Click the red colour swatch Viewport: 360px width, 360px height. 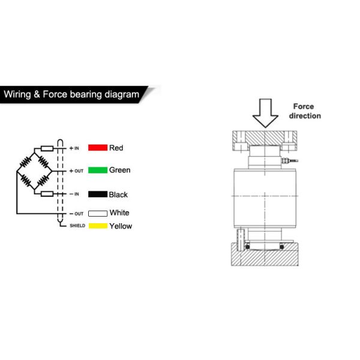pos(97,148)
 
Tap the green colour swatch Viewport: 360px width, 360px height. pos(97,170)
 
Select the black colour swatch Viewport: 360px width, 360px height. pos(97,194)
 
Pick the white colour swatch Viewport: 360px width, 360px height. pos(97,213)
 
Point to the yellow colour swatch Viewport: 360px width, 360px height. pos(97,226)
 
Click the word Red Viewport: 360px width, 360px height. pos(116,148)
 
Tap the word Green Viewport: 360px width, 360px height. pos(119,170)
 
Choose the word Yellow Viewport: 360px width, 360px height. pos(121,226)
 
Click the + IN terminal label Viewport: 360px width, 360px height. pos(74,148)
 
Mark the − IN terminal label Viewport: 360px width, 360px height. pos(74,194)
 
